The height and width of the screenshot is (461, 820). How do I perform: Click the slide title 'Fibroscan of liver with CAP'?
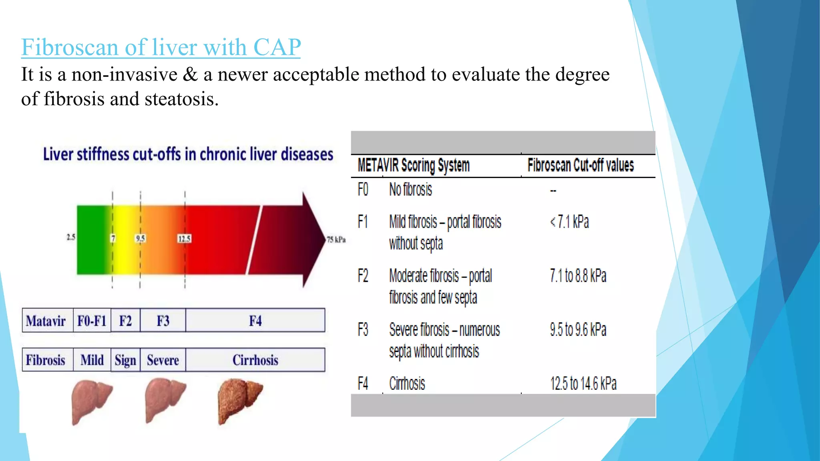pos(161,47)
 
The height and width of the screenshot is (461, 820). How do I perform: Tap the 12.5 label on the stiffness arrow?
pos(185,239)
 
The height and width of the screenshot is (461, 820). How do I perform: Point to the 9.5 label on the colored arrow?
pos(141,239)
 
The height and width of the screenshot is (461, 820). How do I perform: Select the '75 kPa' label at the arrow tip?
pos(336,240)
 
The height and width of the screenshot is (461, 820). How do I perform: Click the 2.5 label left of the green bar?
pos(71,237)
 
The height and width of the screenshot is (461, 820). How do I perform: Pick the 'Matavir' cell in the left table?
pos(46,321)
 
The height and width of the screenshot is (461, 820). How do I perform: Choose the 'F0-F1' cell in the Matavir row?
pos(92,321)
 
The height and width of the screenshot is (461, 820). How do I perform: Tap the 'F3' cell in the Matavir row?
pos(163,321)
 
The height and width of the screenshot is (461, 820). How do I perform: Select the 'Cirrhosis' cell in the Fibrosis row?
pos(255,360)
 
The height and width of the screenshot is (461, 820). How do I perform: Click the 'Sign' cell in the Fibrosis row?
pos(125,360)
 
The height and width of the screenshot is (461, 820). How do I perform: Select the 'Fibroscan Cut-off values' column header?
pos(581,165)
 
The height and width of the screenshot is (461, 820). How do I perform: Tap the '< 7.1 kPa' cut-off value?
pos(569,222)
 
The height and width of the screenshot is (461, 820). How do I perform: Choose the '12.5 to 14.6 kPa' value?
pos(583,383)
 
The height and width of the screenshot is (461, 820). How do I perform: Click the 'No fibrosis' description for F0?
pos(411,189)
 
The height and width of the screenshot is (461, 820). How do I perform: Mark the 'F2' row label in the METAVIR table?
pos(363,276)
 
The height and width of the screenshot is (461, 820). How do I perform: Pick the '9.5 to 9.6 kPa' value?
pos(578,330)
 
